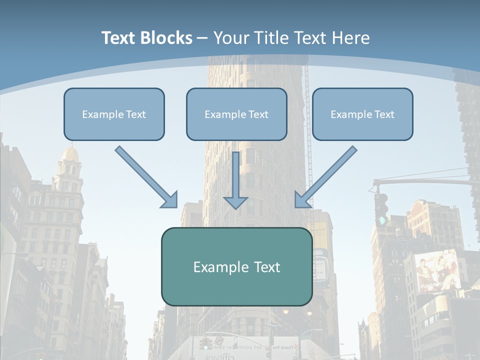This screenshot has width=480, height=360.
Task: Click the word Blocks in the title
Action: tap(166, 38)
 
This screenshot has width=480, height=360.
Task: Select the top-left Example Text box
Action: tap(114, 114)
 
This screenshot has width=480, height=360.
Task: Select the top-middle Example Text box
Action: tap(236, 114)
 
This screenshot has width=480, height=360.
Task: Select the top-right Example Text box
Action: tap(362, 114)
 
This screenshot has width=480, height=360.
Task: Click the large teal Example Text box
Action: tap(236, 266)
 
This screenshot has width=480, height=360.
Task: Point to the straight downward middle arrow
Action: tap(235, 177)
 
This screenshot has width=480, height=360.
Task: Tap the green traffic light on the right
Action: tap(382, 219)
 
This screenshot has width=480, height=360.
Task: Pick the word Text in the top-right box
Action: tap(384, 114)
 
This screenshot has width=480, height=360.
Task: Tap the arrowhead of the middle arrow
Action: tap(235, 202)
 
